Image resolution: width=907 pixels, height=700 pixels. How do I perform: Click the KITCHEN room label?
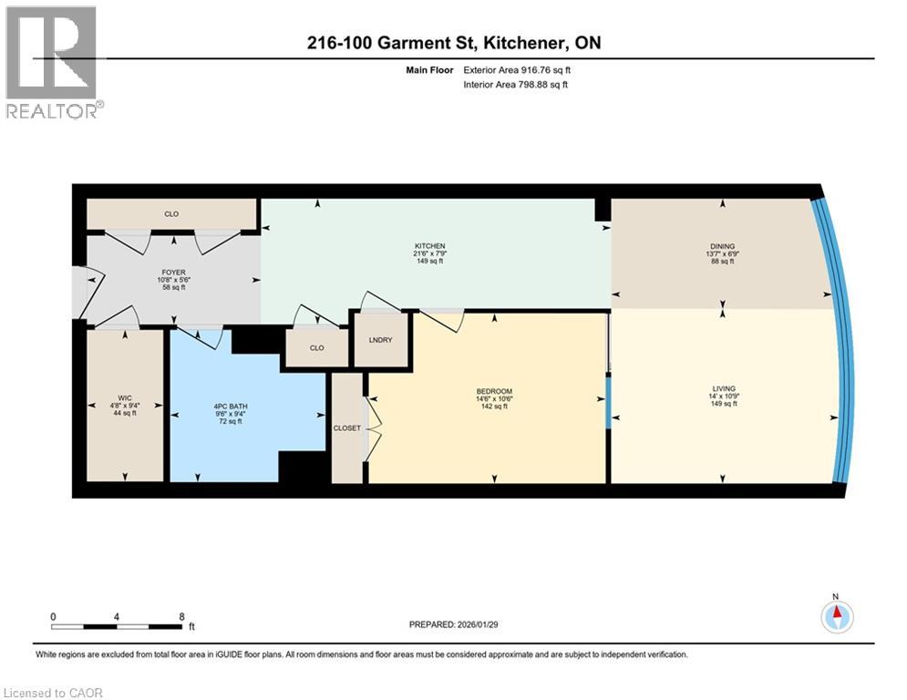429,246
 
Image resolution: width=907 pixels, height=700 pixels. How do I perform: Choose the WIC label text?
125,398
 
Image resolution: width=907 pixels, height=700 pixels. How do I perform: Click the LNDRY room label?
378,339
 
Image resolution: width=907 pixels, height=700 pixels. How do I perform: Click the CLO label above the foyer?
170,214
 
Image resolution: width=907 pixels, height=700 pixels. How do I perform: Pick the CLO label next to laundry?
316,347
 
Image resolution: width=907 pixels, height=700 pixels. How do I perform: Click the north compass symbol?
835,617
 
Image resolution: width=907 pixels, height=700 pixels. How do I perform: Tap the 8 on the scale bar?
182,616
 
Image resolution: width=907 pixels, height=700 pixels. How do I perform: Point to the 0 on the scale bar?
54,616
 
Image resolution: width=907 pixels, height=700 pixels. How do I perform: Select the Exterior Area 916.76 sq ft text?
518,69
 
